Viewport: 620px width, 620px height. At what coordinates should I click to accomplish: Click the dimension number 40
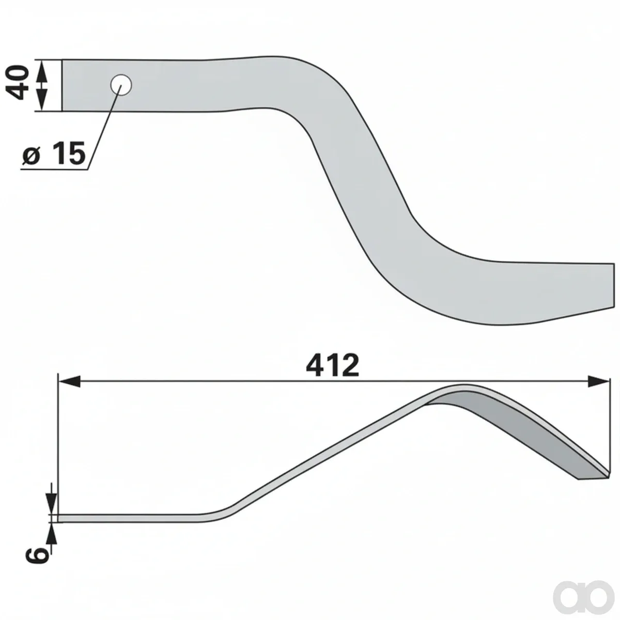coord(17,82)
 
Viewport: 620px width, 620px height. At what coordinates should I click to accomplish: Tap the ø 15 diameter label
coord(54,153)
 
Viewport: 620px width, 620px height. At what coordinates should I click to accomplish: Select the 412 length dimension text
coord(332,365)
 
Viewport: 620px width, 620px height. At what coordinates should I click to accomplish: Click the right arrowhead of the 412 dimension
coord(598,381)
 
